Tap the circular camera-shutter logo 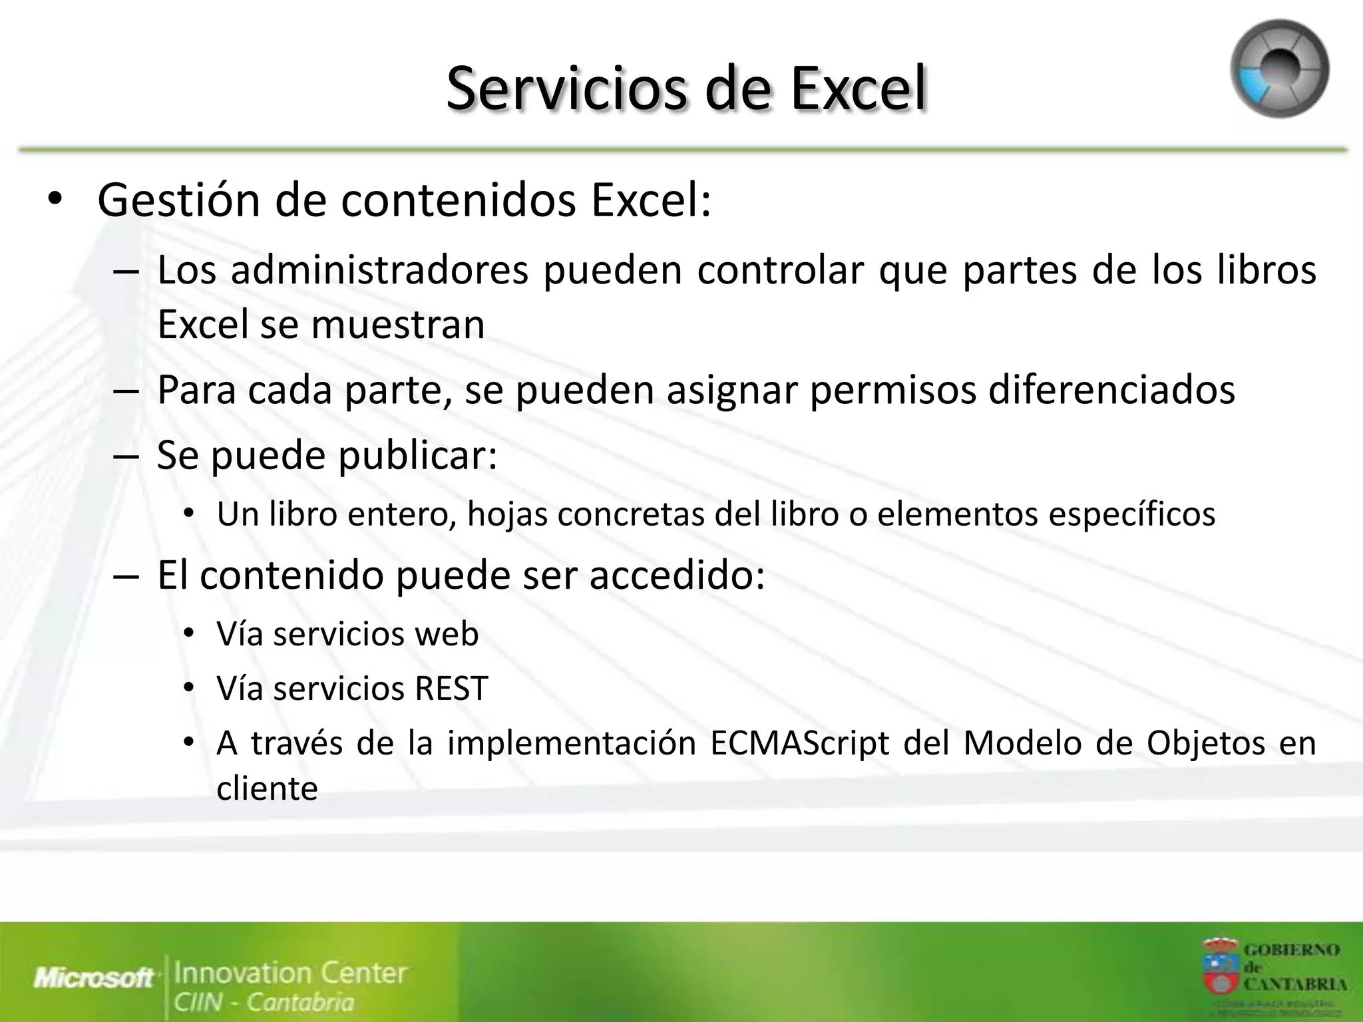pos(1279,69)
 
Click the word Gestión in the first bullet pos(178,200)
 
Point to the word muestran pos(397,325)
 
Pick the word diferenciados pos(1111,390)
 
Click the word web pos(446,634)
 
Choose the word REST pos(451,689)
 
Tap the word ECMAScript pos(799,743)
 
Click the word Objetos pos(1205,743)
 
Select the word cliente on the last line pos(267,789)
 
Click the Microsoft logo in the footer pos(94,978)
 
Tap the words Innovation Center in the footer pos(290,973)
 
